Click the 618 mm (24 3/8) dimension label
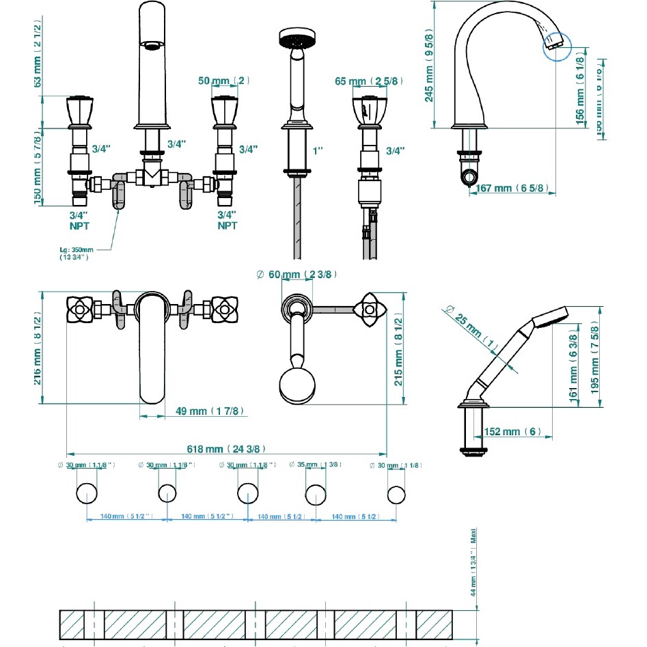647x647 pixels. (x=225, y=449)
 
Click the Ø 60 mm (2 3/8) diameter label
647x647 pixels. (x=296, y=274)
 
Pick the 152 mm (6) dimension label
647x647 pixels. (x=512, y=431)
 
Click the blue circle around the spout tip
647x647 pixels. (x=556, y=47)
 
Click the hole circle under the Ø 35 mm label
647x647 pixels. (x=316, y=493)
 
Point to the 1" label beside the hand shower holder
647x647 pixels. (x=318, y=148)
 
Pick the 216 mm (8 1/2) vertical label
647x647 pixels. (x=38, y=348)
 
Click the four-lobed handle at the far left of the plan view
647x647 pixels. (x=81, y=309)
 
